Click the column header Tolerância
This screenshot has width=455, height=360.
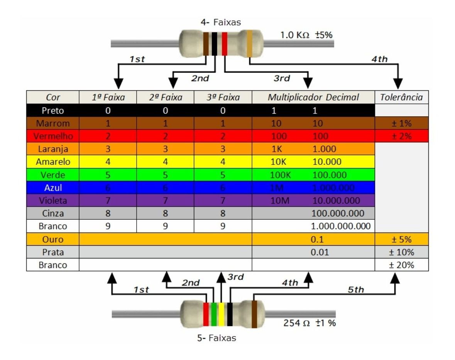point(401,97)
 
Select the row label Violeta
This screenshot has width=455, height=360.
point(52,200)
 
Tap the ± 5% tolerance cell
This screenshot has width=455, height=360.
point(401,239)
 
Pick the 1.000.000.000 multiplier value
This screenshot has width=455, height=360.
point(341,226)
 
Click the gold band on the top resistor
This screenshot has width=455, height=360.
point(250,44)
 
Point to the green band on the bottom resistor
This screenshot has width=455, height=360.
point(214,314)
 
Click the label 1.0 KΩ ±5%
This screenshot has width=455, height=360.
point(306,35)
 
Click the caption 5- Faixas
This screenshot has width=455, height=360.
point(217,338)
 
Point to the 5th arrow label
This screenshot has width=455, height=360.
point(356,290)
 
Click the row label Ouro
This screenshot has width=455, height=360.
point(52,239)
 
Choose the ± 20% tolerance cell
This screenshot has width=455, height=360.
point(401,265)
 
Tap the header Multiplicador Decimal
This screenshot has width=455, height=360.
point(313,97)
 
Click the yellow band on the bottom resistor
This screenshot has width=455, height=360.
point(221,314)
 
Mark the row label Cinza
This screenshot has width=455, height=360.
point(52,214)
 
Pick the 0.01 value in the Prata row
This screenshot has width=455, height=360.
point(320,253)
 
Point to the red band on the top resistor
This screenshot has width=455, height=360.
point(224,44)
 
